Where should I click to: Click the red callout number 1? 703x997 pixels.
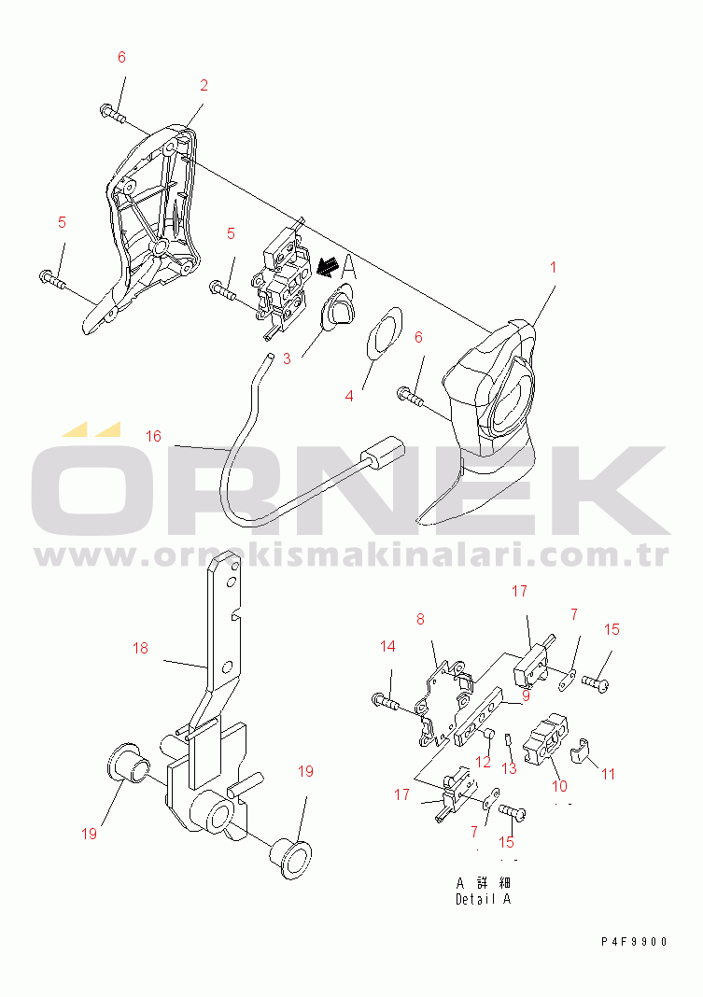pyautogui.click(x=553, y=267)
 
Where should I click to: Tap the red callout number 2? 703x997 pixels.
pyautogui.click(x=204, y=85)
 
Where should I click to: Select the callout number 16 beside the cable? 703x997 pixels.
pyautogui.click(x=153, y=436)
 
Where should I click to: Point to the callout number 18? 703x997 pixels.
pyautogui.click(x=140, y=648)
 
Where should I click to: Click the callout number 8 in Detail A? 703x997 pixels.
pyautogui.click(x=420, y=619)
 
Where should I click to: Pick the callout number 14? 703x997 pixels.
pyautogui.click(x=387, y=647)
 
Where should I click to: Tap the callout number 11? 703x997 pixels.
pyautogui.click(x=609, y=775)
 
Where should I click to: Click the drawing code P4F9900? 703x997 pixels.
pyautogui.click(x=634, y=942)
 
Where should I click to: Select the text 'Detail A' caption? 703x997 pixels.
pyautogui.click(x=483, y=899)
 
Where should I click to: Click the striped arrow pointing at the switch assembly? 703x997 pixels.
pyautogui.click(x=327, y=266)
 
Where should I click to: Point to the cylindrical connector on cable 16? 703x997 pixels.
pyautogui.click(x=383, y=454)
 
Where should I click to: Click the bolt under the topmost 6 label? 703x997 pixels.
pyautogui.click(x=113, y=113)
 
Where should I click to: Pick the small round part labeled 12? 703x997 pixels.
pyautogui.click(x=489, y=736)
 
